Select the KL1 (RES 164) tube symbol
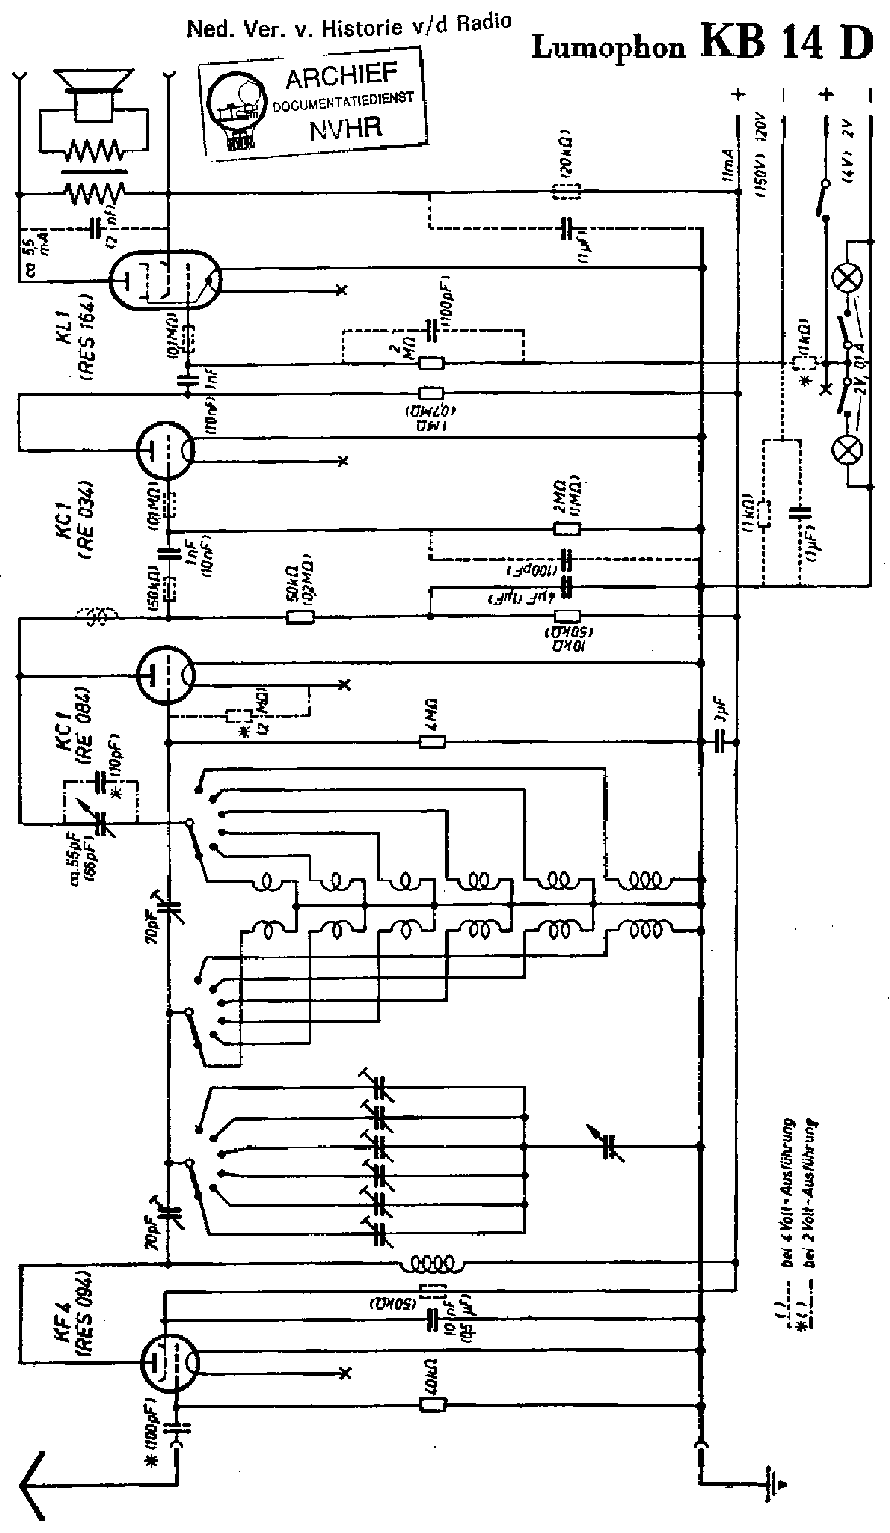[x=166, y=281]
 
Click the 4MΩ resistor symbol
[x=433, y=742]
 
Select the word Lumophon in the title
[x=608, y=47]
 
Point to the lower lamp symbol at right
[x=847, y=450]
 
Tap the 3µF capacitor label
[x=722, y=709]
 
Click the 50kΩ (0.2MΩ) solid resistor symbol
[x=300, y=617]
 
